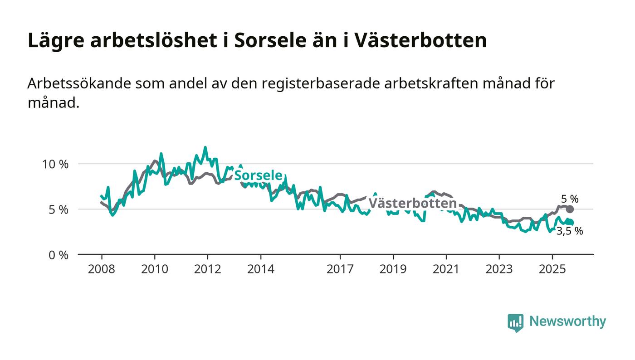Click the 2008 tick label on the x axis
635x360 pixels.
coord(101,269)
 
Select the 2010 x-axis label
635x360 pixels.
coord(154,269)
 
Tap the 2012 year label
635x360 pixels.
coord(207,269)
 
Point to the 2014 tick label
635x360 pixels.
coord(260,269)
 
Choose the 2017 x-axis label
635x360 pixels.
coord(340,269)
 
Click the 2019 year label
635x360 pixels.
coord(393,269)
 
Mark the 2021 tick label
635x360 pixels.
coord(446,269)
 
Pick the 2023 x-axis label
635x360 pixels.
coord(499,269)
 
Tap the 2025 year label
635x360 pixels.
coord(552,269)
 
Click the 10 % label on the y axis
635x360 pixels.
coord(55,164)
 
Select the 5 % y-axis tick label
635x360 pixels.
coord(59,210)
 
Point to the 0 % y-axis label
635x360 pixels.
coord(59,255)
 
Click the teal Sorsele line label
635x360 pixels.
coord(259,176)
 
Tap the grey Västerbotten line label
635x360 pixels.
coord(412,204)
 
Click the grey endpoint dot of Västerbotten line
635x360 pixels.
coord(570,209)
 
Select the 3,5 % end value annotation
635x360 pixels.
coord(570,231)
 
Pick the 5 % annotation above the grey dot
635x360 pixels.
coord(570,199)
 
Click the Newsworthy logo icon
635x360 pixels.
coord(515,322)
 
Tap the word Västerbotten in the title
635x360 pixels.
coord(420,40)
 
